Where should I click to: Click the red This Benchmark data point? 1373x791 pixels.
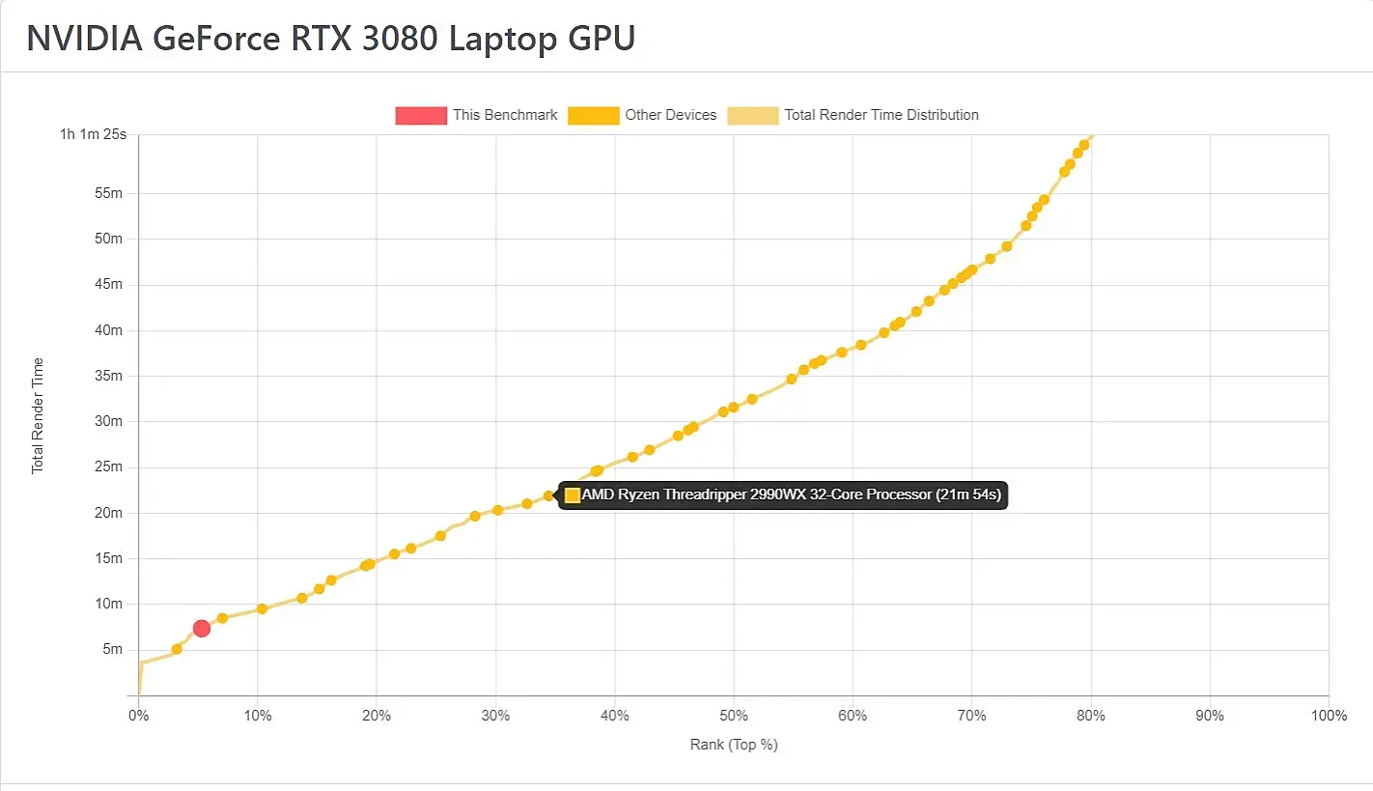tap(202, 629)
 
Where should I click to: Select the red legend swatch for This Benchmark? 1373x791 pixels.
tap(421, 115)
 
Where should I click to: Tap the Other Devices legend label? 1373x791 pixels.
tap(670, 115)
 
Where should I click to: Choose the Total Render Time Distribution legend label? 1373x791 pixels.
tap(881, 115)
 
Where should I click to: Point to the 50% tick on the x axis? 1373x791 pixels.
tap(734, 716)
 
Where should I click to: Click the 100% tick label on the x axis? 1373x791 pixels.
tap(1329, 716)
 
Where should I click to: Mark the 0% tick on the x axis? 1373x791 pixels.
tap(139, 716)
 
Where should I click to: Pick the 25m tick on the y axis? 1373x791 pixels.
tap(110, 467)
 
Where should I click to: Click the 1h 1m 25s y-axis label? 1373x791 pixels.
tap(94, 134)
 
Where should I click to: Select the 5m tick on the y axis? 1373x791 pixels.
tap(112, 650)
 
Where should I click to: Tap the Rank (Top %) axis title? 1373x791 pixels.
tap(734, 745)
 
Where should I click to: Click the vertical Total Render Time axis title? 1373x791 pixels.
tap(38, 415)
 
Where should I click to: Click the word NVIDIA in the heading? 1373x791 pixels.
tap(83, 39)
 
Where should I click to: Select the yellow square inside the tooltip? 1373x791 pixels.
tap(573, 495)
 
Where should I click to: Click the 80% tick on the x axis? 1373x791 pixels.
tap(1091, 716)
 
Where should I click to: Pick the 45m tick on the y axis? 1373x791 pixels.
tap(110, 285)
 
